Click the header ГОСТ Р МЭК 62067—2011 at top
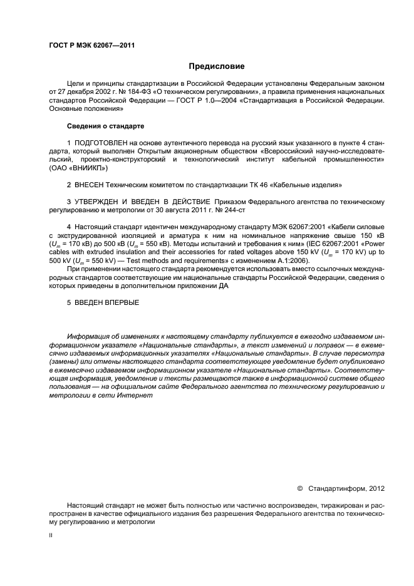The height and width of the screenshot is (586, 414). click(x=91, y=46)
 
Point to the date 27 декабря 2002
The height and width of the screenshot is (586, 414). click(x=85, y=91)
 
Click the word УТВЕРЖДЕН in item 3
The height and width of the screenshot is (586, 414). click(x=102, y=202)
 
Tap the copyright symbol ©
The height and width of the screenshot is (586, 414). click(x=299, y=487)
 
